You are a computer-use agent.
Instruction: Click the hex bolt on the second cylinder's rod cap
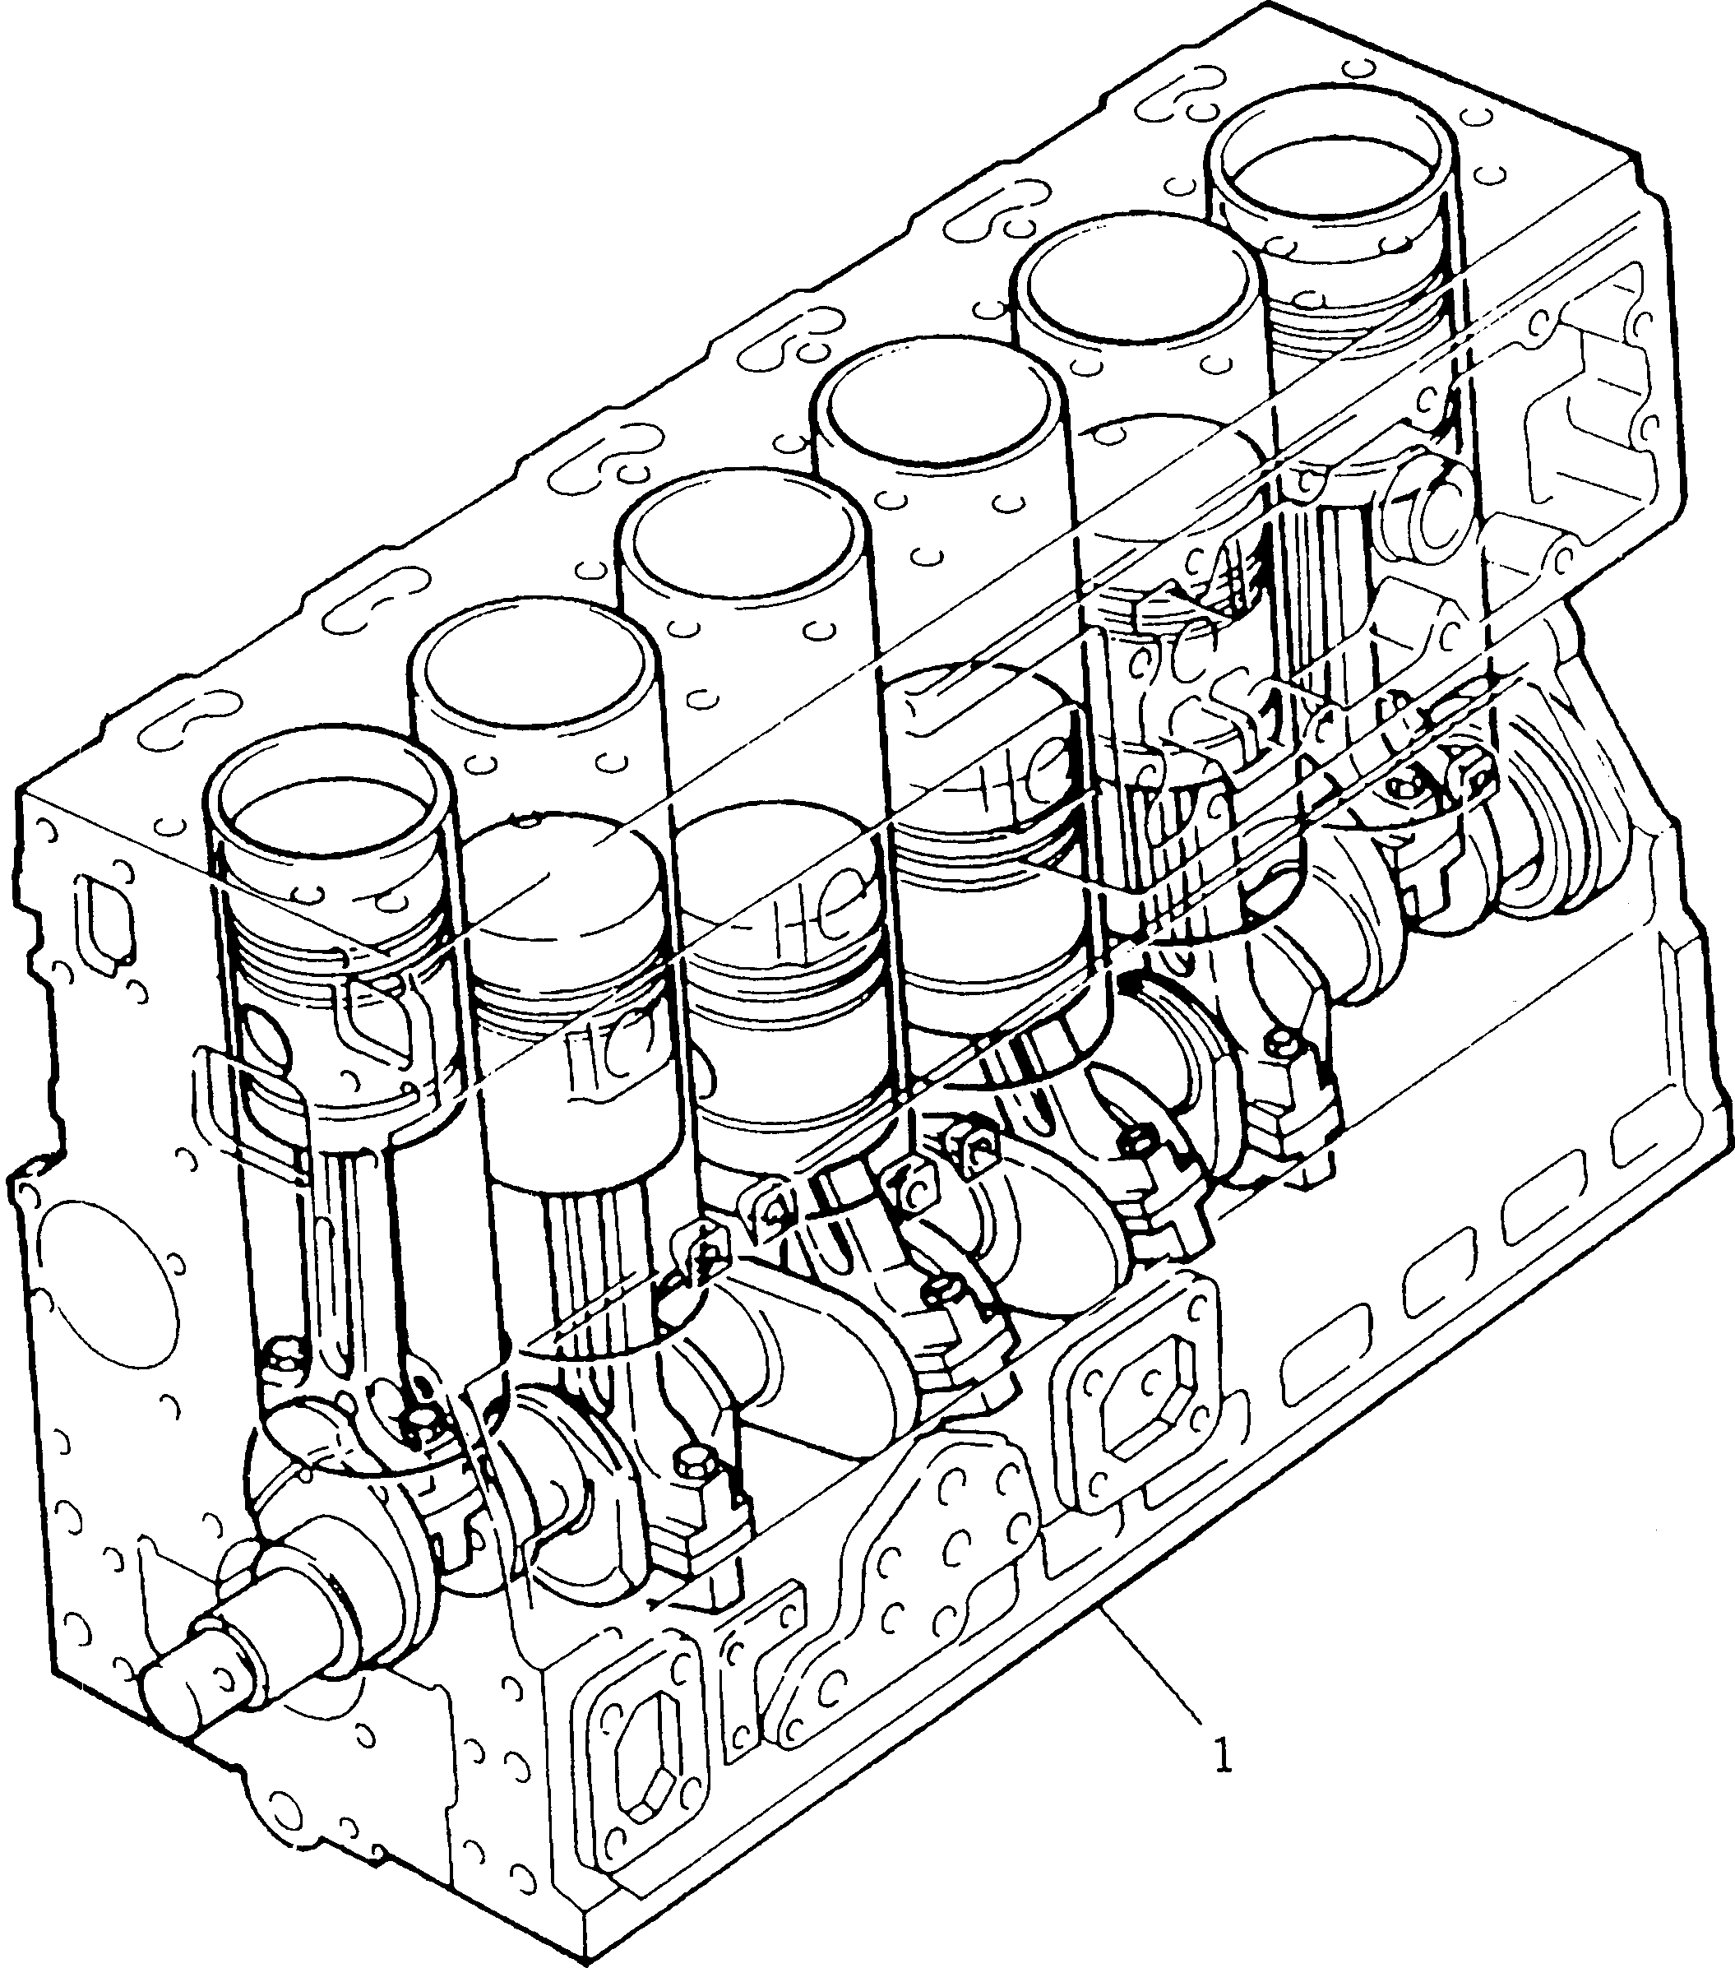coord(692,1489)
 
